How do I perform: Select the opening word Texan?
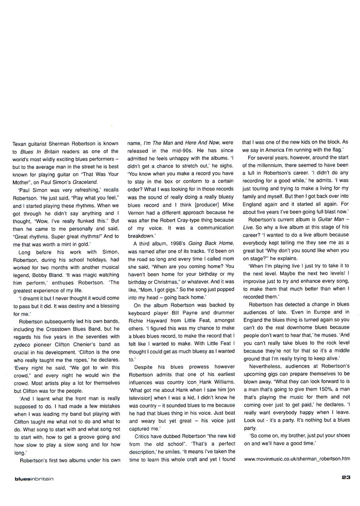coord(20,143)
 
